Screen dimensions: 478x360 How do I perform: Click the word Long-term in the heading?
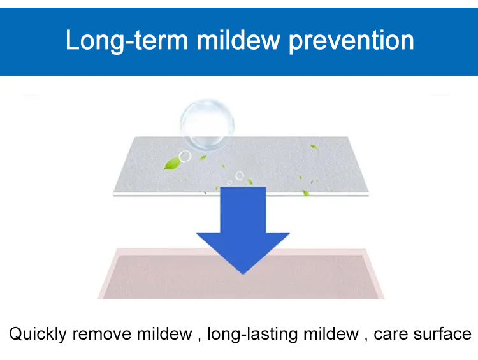(x=127, y=41)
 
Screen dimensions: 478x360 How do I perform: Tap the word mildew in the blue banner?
(x=238, y=40)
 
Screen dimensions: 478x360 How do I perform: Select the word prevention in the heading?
(x=351, y=41)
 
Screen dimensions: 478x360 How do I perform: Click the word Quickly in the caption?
(x=38, y=334)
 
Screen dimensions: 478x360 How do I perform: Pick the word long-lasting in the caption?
(x=252, y=334)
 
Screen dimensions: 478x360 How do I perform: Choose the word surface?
(x=442, y=333)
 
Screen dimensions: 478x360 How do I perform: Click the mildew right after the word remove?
(x=164, y=333)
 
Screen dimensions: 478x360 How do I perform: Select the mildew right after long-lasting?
(x=331, y=333)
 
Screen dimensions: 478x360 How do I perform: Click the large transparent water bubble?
(x=207, y=124)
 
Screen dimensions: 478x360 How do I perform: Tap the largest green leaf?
(x=171, y=163)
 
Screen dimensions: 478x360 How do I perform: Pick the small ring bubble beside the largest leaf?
(x=185, y=157)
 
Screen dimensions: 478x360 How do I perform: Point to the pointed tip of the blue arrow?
(x=243, y=274)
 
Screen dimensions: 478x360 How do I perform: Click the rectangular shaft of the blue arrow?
(x=243, y=210)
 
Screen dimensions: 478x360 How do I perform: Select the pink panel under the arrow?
(x=241, y=274)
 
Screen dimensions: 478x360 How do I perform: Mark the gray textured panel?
(x=241, y=166)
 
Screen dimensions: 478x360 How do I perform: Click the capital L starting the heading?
(x=72, y=40)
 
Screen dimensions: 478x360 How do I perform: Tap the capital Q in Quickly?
(x=16, y=333)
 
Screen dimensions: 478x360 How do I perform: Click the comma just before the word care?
(x=366, y=340)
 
